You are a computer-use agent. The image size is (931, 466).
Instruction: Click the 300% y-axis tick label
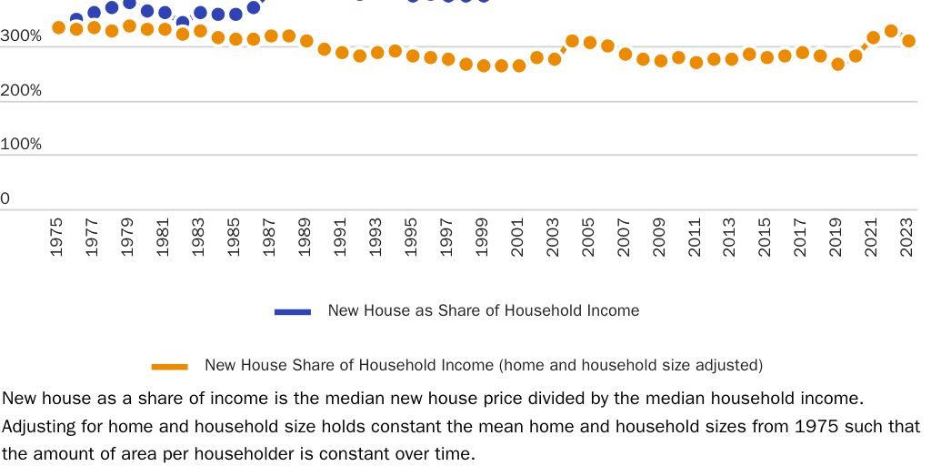coord(20,36)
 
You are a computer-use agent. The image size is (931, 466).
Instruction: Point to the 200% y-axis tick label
coord(20,91)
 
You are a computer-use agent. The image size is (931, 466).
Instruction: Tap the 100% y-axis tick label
coord(20,145)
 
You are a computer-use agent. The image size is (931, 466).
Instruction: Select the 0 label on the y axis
coord(5,198)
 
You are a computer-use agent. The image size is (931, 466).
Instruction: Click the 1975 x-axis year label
coord(57,238)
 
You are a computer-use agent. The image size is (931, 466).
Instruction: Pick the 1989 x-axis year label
coord(305,238)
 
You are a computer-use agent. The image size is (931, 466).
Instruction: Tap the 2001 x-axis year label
coord(518,238)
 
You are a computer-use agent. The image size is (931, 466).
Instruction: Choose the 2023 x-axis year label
coord(908,238)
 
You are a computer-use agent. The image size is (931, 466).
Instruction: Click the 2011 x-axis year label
coord(696,238)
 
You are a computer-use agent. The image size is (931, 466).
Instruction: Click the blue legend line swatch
coord(293,311)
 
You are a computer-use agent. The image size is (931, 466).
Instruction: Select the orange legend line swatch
coord(169,366)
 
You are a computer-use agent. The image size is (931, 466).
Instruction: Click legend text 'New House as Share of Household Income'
coord(483,311)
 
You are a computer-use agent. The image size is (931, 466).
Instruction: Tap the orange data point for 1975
coord(58,27)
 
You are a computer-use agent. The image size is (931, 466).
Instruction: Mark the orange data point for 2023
coord(908,41)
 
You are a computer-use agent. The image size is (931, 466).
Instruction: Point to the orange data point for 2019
coord(837,65)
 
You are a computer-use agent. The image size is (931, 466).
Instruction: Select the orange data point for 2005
coord(589,43)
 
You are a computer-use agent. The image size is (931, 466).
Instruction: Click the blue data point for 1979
coord(129,4)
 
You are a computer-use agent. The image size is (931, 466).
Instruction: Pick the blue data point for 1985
coord(235,15)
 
